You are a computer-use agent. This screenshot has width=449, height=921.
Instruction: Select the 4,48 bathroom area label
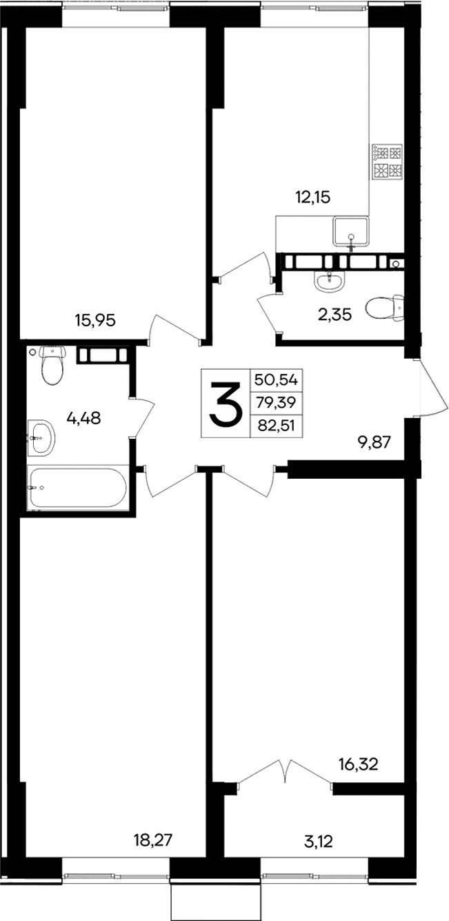click(x=83, y=417)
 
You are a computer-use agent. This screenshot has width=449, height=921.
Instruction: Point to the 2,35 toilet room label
click(x=335, y=315)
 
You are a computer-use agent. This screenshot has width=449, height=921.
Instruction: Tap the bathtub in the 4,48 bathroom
click(x=77, y=488)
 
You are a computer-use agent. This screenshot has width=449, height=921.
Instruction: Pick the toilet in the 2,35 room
click(x=385, y=308)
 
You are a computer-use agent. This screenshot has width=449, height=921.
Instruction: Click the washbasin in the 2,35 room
click(x=330, y=279)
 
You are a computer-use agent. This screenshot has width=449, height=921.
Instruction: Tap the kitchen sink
click(x=351, y=231)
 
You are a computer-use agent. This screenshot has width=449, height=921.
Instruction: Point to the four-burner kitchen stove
click(x=386, y=161)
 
